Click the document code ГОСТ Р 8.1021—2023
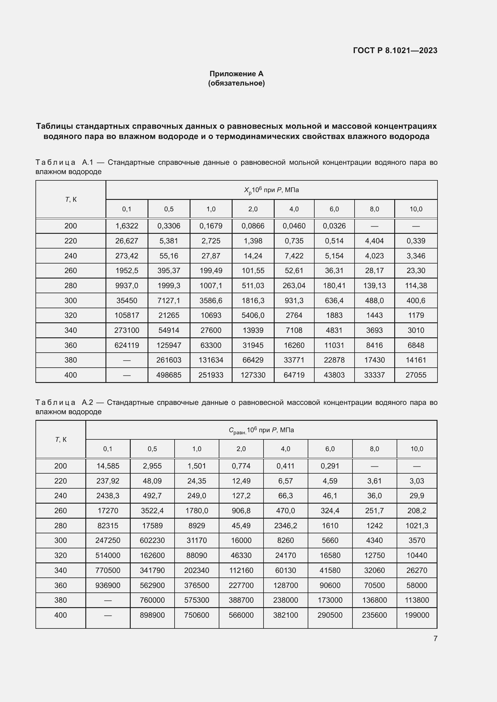(x=395, y=50)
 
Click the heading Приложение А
(x=236, y=74)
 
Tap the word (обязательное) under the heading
(x=236, y=83)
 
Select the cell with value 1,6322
(x=127, y=226)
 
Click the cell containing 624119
(x=127, y=345)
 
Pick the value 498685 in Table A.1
(x=169, y=375)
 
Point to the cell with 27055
(x=416, y=375)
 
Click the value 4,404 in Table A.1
(x=374, y=241)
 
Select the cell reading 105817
(x=127, y=315)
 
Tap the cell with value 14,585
(x=108, y=466)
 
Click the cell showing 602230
(x=152, y=540)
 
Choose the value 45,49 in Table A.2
(x=241, y=526)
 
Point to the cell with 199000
(x=416, y=615)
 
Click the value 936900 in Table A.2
(x=108, y=585)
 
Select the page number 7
(x=435, y=638)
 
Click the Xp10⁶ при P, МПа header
(x=271, y=190)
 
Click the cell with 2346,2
(x=285, y=526)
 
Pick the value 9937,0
(x=127, y=285)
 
